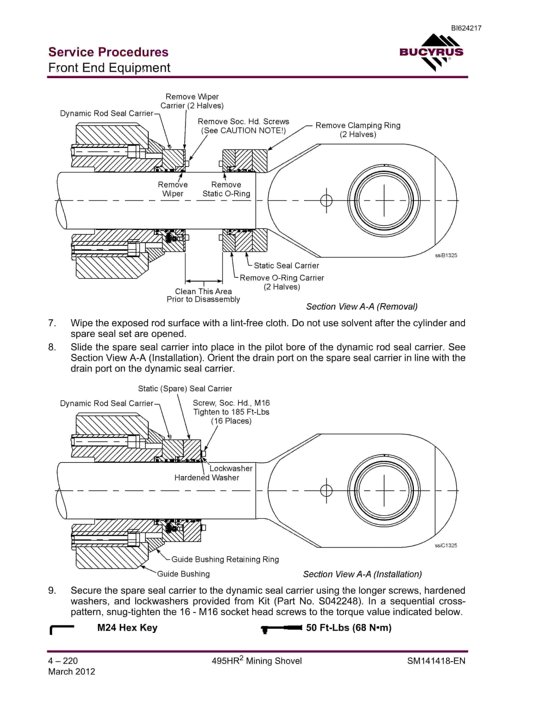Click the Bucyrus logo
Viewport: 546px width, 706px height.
click(432, 53)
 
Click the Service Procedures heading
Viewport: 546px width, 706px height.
click(108, 52)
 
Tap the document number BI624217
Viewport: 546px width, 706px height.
click(466, 28)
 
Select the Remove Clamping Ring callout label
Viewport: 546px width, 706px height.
click(358, 130)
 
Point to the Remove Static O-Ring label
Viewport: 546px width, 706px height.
click(226, 189)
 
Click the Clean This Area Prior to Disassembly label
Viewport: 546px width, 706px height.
click(203, 295)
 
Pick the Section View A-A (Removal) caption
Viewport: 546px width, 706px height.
click(362, 306)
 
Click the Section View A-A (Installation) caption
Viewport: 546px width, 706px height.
click(362, 574)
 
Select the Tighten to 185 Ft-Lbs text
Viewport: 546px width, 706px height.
click(231, 412)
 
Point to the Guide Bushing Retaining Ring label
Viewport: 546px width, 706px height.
click(225, 559)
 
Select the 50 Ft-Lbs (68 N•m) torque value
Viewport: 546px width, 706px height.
click(349, 628)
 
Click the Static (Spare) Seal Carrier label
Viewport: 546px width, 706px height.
click(185, 389)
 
